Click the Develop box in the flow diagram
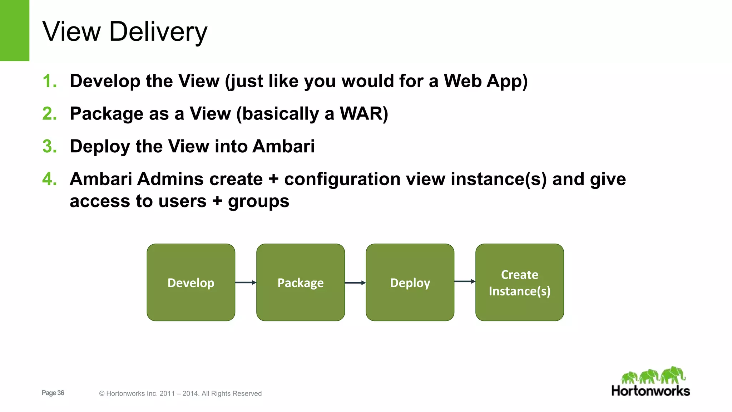pos(191,283)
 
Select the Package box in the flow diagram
pos(301,283)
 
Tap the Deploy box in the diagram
pos(410,283)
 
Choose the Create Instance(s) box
pos(519,283)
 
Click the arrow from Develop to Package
pos(246,283)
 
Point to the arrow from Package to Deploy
pos(355,283)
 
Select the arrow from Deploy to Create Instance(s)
pos(465,281)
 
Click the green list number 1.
pos(49,81)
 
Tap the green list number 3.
pos(49,146)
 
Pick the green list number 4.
pos(49,179)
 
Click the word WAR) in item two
pos(363,114)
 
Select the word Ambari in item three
pos(283,146)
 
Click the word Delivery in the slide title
pos(158,32)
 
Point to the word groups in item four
pos(258,201)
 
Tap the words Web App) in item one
pos(485,81)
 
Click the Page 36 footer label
pos(53,393)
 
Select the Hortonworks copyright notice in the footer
pos(180,393)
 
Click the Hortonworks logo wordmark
pos(651,391)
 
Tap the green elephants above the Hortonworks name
pos(653,376)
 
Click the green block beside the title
pos(14,30)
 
